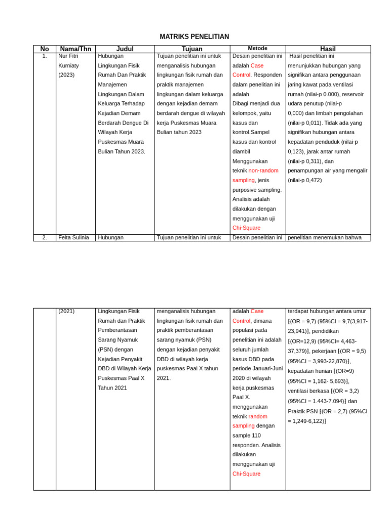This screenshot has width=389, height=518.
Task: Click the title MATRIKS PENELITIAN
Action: coord(194,37)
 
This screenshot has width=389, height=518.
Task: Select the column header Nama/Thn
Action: coord(75,49)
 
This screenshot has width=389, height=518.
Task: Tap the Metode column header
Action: coord(257,49)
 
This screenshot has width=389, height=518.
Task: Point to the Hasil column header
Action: coord(328,49)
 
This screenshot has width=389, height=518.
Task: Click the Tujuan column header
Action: coord(192,49)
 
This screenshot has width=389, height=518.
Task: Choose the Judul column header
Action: coord(125,49)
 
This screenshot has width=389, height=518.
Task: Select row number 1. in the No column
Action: coord(45,56)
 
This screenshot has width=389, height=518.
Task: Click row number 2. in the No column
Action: coord(45,237)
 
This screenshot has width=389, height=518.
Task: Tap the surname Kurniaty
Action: coord(69,66)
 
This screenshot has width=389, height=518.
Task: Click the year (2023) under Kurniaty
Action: coord(66,75)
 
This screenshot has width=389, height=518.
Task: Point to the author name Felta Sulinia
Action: coord(73,237)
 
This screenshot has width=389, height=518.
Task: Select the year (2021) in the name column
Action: coord(66,311)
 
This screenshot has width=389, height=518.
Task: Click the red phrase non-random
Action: coord(263,170)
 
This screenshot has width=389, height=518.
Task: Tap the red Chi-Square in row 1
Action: coord(246,228)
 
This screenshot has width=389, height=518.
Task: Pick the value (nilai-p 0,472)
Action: coord(304,180)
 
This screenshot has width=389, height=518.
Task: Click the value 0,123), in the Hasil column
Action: coord(297,151)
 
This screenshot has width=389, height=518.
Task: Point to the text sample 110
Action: coord(246,435)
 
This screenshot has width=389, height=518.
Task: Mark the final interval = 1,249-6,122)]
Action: coord(307,421)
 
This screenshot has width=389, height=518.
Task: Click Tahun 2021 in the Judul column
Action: coord(112,388)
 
